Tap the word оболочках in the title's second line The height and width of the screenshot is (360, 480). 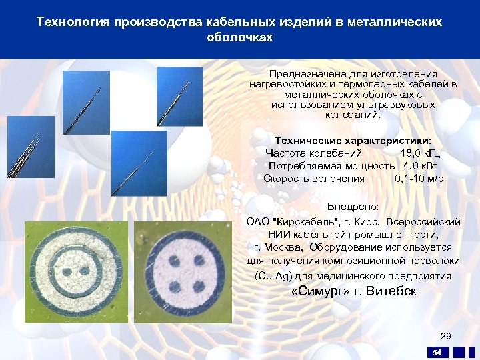click(240, 38)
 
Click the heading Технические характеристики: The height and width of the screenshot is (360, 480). click(353, 141)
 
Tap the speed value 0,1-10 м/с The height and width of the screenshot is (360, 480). click(419, 178)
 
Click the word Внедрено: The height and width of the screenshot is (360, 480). click(353, 207)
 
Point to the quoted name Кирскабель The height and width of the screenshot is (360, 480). click(304, 221)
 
